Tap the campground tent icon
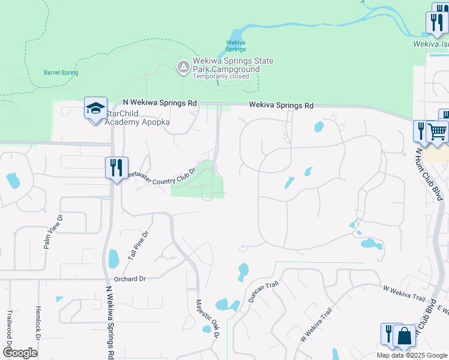coord(182,66)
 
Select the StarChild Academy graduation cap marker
coord(95,109)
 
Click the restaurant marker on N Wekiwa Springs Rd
coord(116,167)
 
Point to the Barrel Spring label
coord(61,73)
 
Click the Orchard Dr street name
coord(130,279)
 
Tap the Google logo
coord(19,353)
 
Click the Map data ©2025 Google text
coord(412,355)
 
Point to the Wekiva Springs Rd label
coord(282,106)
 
